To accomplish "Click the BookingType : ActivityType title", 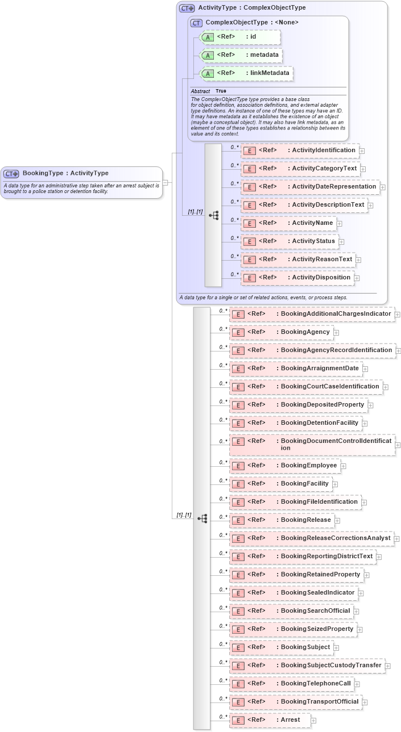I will pyautogui.click(x=65, y=173).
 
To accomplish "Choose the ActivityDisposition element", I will pyautogui.click(x=297, y=278).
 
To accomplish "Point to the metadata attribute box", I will pyautogui.click(x=242, y=55).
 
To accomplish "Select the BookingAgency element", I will pyautogui.click(x=282, y=332).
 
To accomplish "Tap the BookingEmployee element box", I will pyautogui.click(x=285, y=466).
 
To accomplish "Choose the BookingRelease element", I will pyautogui.click(x=282, y=520).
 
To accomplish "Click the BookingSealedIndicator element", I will pyautogui.click(x=293, y=593).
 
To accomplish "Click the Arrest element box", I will pyautogui.click(x=270, y=720).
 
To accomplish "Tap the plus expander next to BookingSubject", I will pyautogui.click(x=336, y=647).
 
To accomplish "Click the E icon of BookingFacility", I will pyautogui.click(x=238, y=484).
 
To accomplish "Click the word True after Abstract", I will pyautogui.click(x=221, y=91).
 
